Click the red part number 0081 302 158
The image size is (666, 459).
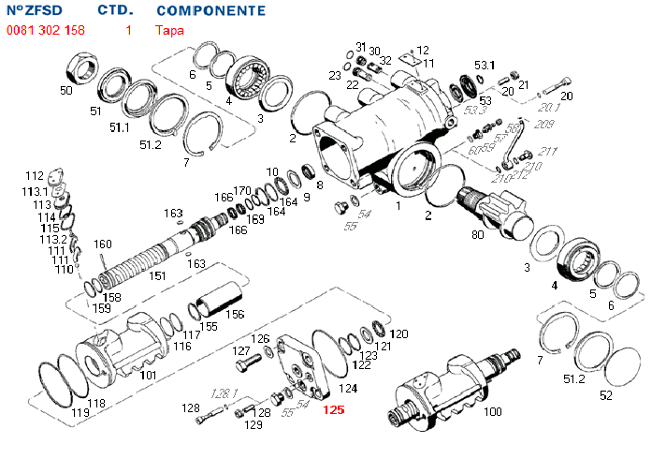point(45,30)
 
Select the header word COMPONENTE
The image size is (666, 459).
point(210,11)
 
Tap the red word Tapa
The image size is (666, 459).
point(169,30)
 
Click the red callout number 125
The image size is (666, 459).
point(333,409)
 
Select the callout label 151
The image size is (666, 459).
point(158,275)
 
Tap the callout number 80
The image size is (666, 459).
point(477,234)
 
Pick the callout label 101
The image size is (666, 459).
point(148,375)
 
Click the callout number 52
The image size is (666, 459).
point(606,395)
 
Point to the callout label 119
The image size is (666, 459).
point(80,412)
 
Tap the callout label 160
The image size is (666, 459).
point(102,244)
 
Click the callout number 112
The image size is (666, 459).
point(35,175)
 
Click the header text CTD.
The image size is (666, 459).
point(115,11)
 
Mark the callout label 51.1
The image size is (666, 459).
point(120,126)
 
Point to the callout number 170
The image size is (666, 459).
point(242,190)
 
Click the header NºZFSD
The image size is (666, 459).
point(38,11)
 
